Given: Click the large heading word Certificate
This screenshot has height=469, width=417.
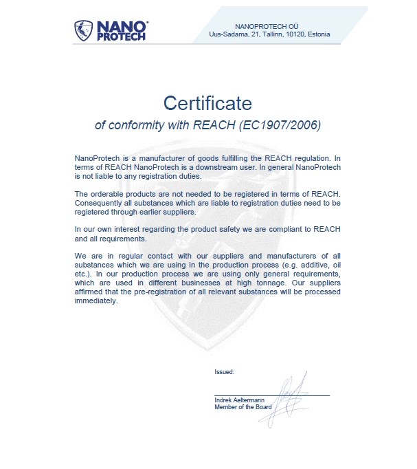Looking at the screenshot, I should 207,103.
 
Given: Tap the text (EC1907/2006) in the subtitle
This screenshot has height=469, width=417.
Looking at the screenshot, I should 283,126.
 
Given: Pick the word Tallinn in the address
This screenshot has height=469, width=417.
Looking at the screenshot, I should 270,34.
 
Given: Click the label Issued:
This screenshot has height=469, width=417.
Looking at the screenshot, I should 225,371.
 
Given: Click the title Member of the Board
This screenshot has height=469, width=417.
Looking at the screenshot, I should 243,406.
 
